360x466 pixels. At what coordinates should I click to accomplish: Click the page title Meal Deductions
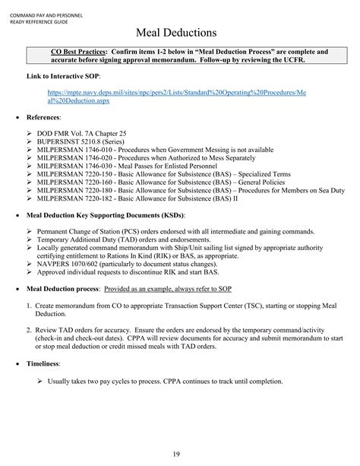point(180,33)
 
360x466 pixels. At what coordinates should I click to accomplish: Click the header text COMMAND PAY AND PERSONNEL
point(44,6)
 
